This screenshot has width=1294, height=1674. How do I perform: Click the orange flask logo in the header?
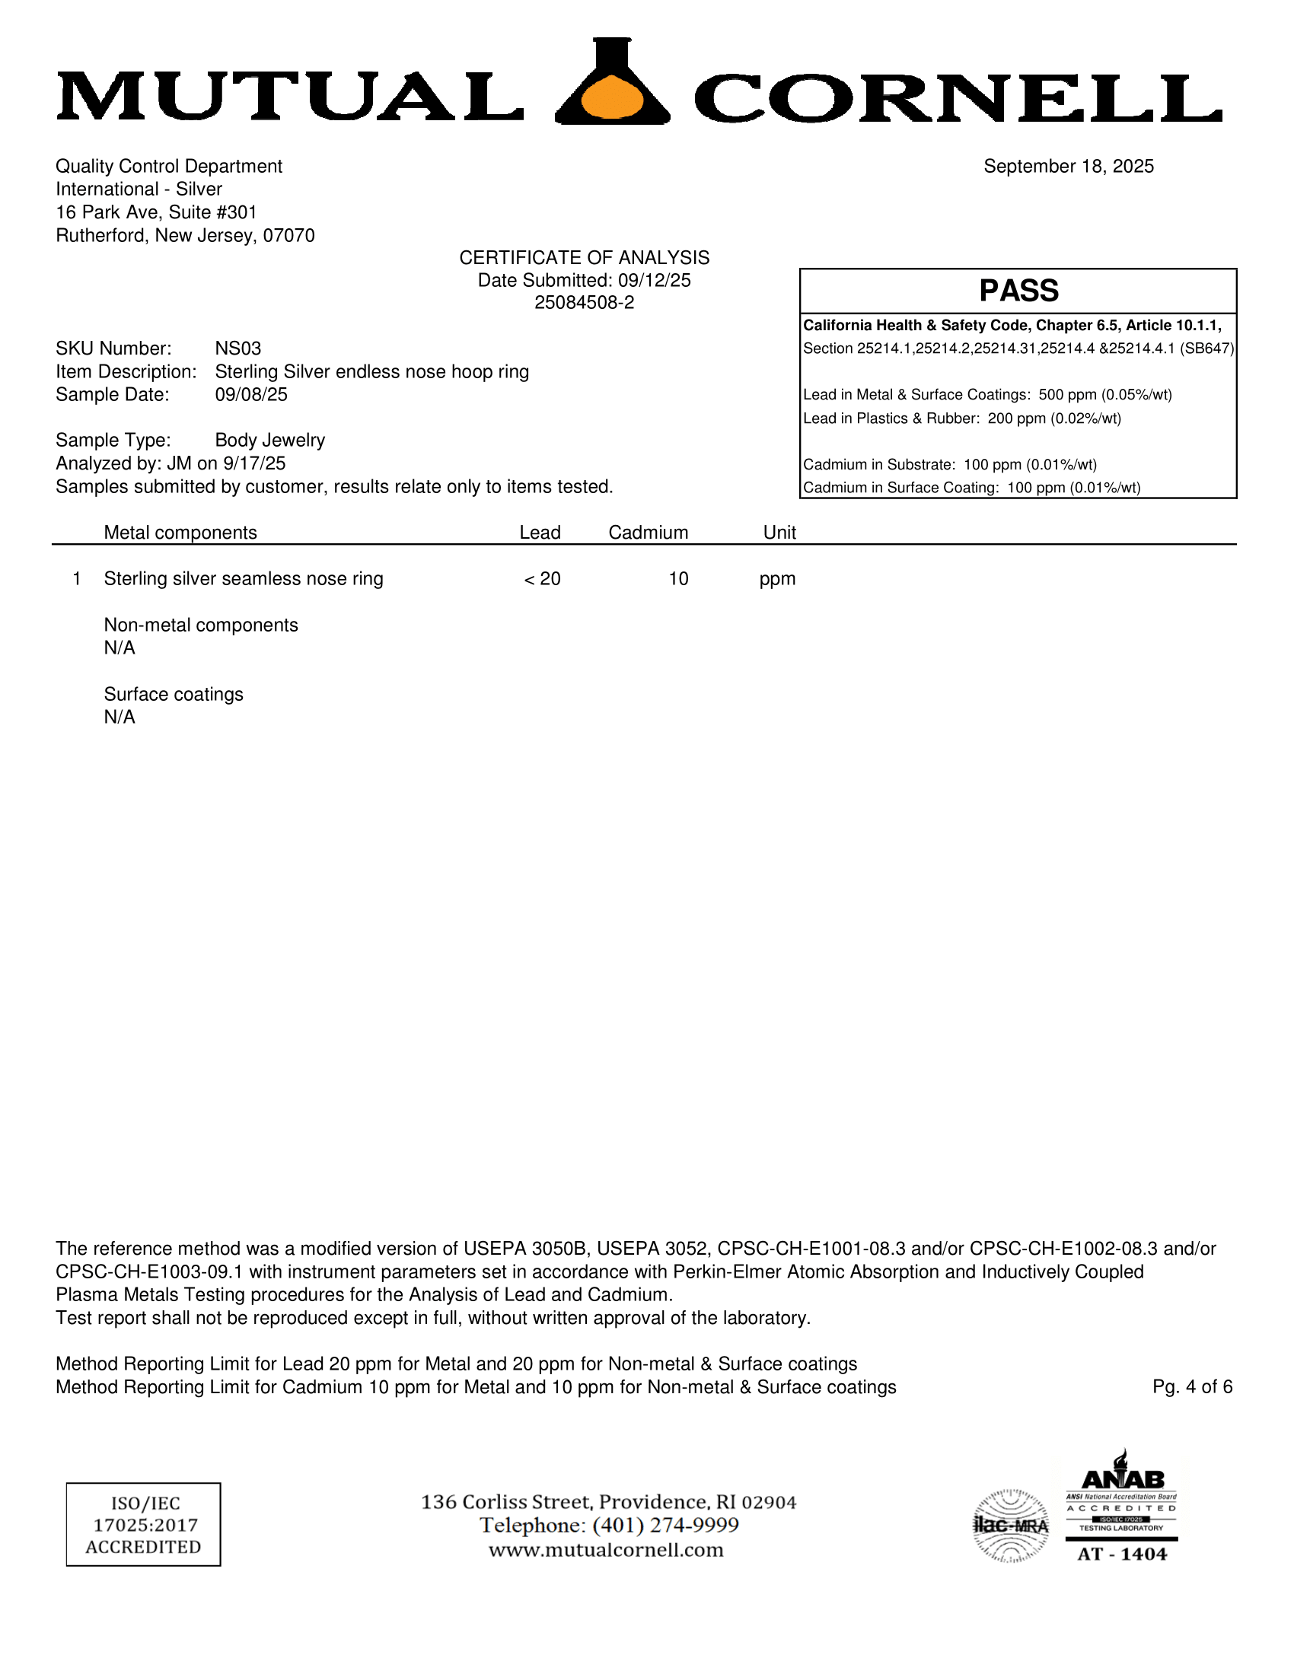click(x=613, y=84)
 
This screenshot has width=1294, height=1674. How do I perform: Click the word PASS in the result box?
click(x=1018, y=291)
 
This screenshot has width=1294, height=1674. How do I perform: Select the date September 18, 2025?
click(x=1068, y=167)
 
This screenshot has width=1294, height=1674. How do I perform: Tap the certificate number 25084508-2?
click(x=584, y=303)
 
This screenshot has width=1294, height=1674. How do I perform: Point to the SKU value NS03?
click(x=237, y=348)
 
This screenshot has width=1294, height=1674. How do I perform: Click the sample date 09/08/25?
click(x=250, y=395)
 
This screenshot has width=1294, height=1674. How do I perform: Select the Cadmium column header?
click(x=648, y=533)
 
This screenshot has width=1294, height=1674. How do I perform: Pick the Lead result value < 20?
click(x=542, y=579)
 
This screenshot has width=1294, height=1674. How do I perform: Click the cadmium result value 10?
click(x=677, y=579)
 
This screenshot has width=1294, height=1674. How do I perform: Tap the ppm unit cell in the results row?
click(x=777, y=579)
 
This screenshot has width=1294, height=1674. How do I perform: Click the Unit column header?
click(x=779, y=533)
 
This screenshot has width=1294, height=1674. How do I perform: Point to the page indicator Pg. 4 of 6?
click(x=1192, y=1386)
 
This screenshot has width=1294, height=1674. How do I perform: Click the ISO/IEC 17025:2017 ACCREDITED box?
click(x=143, y=1525)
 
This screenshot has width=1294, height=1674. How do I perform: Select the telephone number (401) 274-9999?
click(x=665, y=1526)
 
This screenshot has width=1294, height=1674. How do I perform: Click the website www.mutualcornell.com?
click(x=606, y=1550)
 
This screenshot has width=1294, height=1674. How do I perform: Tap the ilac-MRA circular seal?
click(x=1010, y=1526)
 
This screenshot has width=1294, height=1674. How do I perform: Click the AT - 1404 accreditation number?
click(x=1121, y=1554)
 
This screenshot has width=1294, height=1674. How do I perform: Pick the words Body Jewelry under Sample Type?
click(x=270, y=441)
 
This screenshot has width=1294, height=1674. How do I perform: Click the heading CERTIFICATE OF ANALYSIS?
click(x=584, y=257)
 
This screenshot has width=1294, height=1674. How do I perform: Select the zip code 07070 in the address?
click(x=288, y=235)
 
